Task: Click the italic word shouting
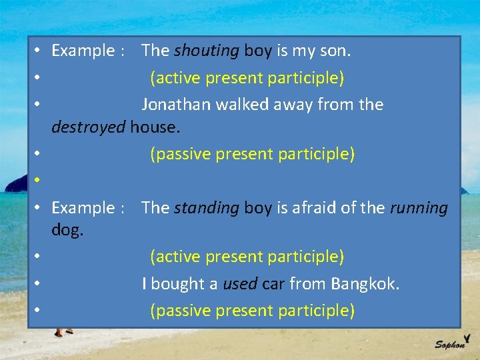click(x=207, y=51)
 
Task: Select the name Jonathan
click(x=177, y=105)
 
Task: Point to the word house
click(x=155, y=127)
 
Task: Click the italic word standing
click(x=207, y=208)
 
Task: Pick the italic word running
click(x=419, y=208)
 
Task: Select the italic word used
click(x=240, y=284)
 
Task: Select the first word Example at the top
click(x=83, y=51)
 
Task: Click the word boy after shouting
click(x=257, y=51)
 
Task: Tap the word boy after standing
click(x=257, y=208)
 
